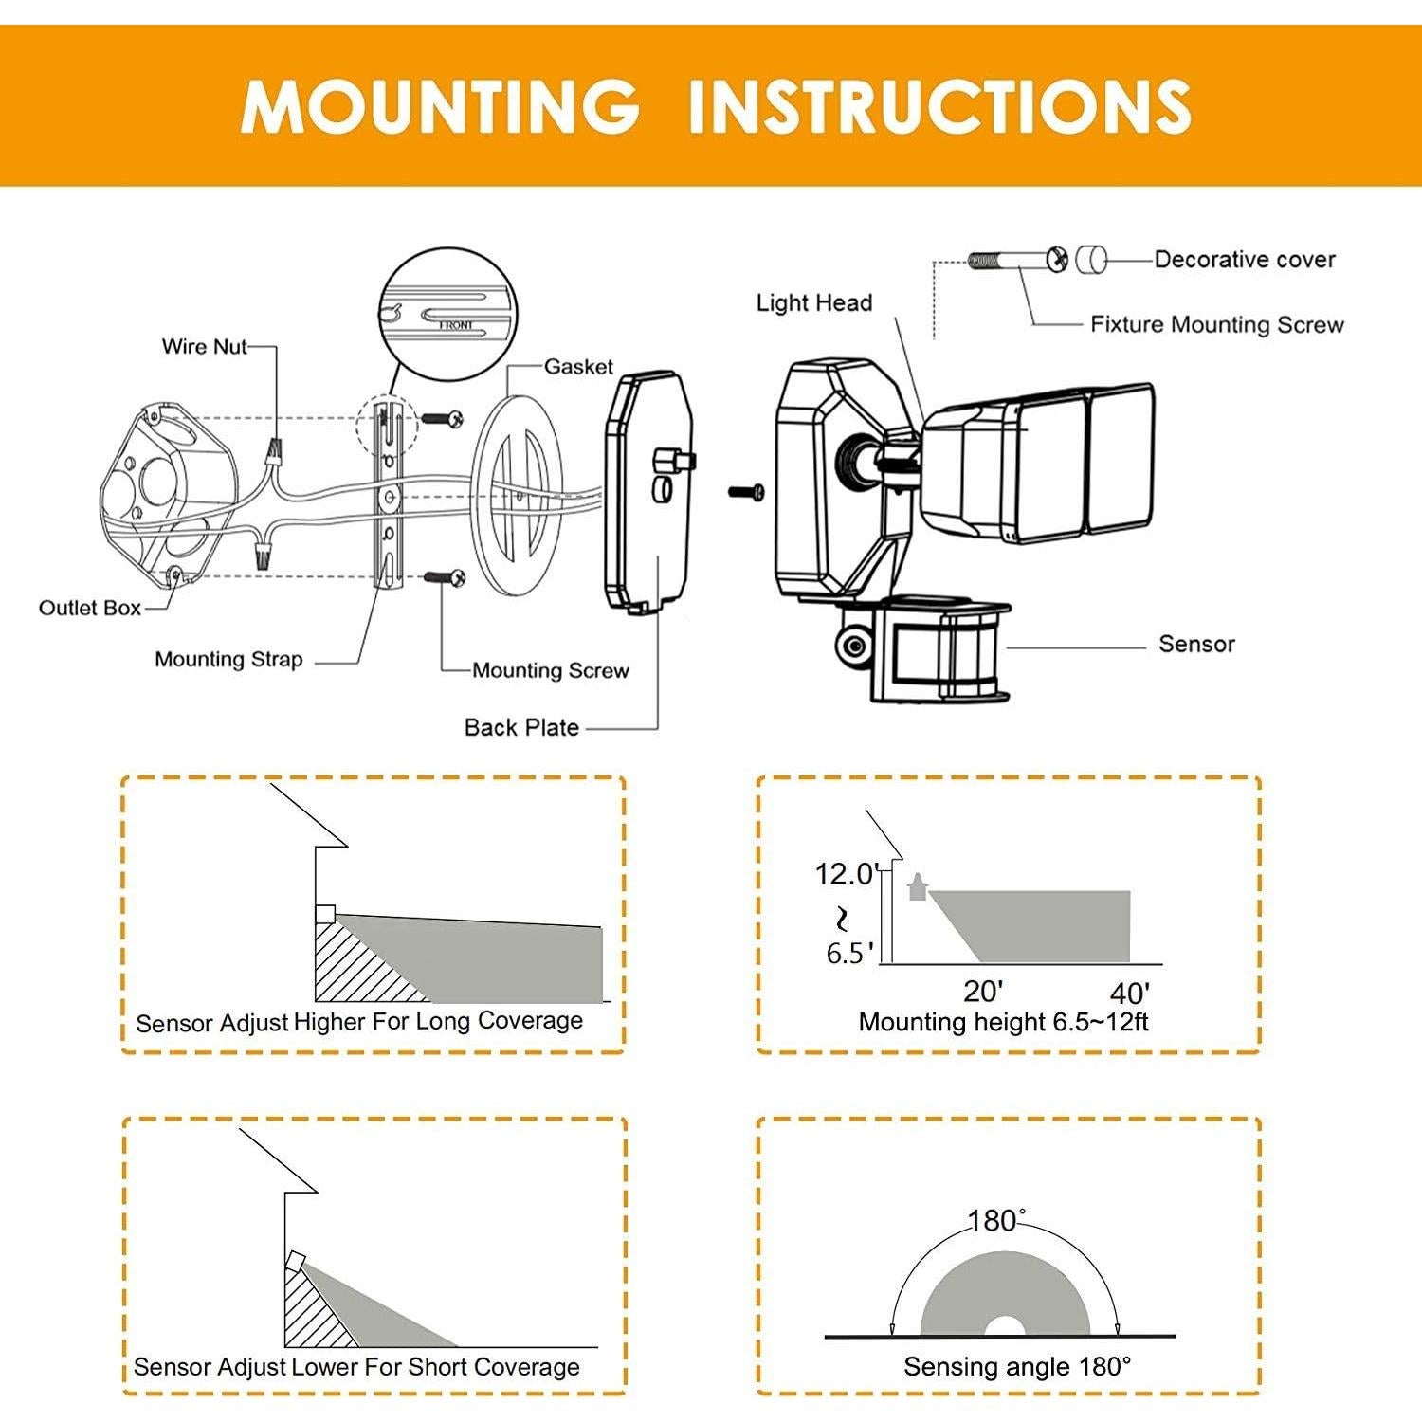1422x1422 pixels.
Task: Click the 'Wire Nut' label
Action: [x=204, y=347]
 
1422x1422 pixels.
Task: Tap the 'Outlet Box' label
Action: [x=89, y=608]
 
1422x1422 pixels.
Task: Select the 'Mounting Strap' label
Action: [x=228, y=660]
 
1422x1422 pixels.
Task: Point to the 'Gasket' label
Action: [x=578, y=367]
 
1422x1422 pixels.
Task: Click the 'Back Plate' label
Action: [x=521, y=728]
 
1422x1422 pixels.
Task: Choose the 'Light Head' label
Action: [x=813, y=303]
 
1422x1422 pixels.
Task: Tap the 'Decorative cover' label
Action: [x=1244, y=260]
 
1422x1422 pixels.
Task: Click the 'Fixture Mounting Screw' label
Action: [x=1216, y=325]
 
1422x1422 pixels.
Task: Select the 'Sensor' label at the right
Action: [x=1196, y=645]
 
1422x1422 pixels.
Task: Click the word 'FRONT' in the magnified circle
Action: [x=456, y=325]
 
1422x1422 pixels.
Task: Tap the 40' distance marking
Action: [x=1129, y=994]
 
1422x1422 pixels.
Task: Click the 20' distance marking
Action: [x=983, y=992]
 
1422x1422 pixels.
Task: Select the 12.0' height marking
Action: [x=847, y=873]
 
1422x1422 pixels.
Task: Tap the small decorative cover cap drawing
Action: [x=1091, y=259]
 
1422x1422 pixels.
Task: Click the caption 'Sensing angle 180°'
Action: [x=1017, y=1367]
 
